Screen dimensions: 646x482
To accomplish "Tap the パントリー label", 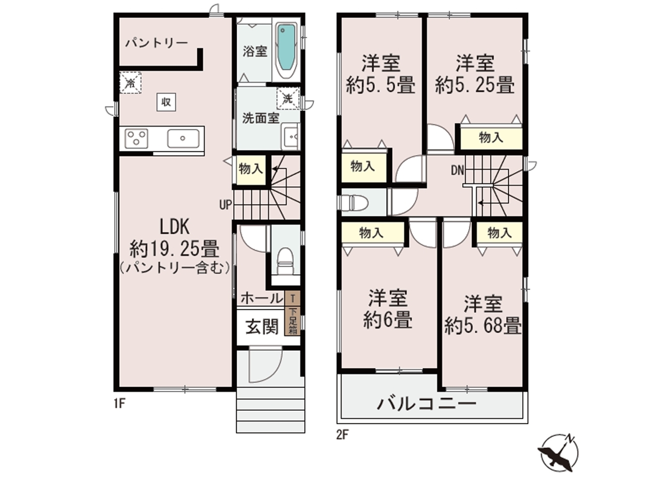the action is pyautogui.click(x=156, y=43).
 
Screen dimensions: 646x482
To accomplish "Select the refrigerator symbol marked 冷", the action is pyautogui.click(x=130, y=83).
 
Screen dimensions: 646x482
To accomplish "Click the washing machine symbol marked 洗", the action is pyautogui.click(x=288, y=98).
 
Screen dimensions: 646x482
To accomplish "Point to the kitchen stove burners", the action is pyautogui.click(x=136, y=138).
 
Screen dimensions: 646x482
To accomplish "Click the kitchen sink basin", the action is pyautogui.click(x=183, y=138).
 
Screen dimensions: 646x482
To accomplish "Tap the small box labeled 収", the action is pyautogui.click(x=166, y=102).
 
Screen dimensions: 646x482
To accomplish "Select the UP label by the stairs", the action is pyautogui.click(x=226, y=204).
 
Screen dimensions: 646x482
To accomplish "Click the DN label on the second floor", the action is pyautogui.click(x=457, y=171).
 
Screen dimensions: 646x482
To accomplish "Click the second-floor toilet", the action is pyautogui.click(x=354, y=203).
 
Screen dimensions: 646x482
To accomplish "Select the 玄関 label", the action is pyautogui.click(x=262, y=327).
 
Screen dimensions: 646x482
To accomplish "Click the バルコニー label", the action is pyautogui.click(x=426, y=404).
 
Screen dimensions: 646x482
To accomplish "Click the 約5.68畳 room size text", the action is pyautogui.click(x=483, y=325).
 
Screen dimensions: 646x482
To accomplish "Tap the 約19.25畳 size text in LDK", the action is pyautogui.click(x=175, y=249).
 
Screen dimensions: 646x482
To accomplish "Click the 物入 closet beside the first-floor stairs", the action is pyautogui.click(x=251, y=170).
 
